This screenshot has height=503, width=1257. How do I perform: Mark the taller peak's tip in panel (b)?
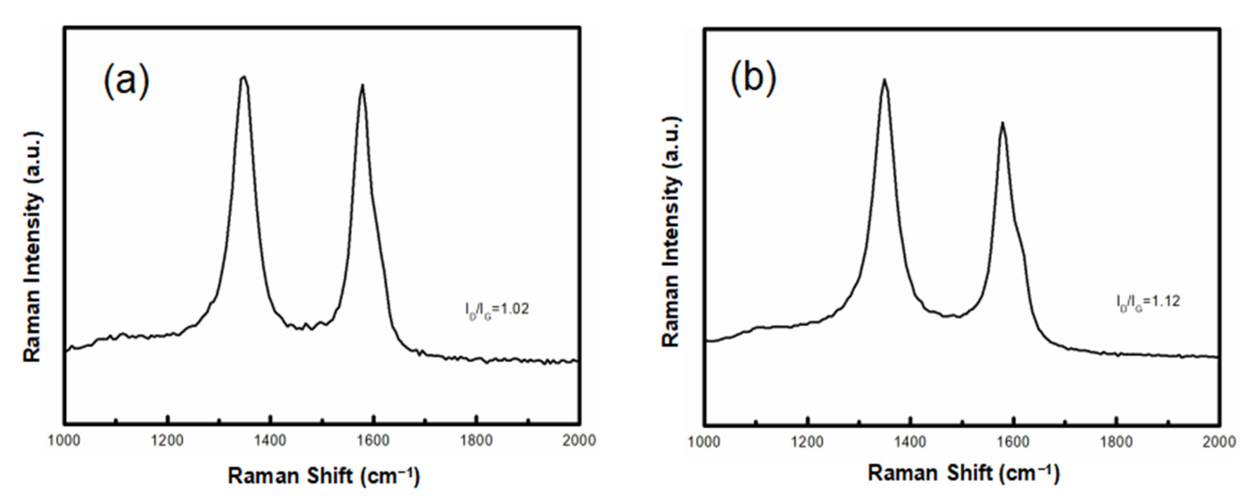coord(884,79)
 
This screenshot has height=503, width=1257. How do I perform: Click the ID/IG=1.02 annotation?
coord(496,309)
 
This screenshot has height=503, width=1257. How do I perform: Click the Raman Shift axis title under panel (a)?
coord(323,476)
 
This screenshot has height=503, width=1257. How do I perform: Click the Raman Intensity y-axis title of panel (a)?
coord(33,247)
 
